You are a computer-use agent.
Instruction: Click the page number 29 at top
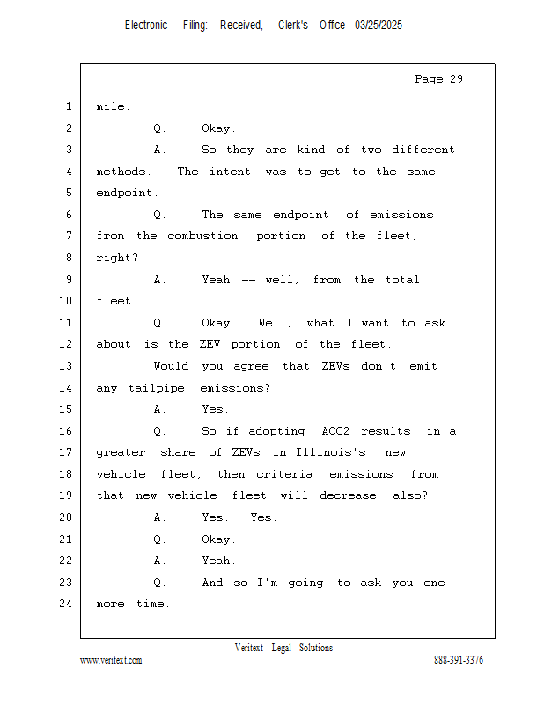(456, 79)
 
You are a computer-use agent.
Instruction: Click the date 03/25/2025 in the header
(379, 26)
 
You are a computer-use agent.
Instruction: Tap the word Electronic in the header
(146, 26)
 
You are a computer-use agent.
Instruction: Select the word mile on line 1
(113, 106)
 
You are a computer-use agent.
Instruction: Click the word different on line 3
(423, 150)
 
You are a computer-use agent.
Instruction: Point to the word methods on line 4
(123, 172)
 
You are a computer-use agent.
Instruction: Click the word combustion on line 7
(202, 236)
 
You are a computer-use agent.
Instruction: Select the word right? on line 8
(117, 258)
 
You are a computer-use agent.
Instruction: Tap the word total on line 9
(402, 280)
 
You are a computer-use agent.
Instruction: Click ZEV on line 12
(210, 344)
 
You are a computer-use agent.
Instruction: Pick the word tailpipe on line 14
(157, 388)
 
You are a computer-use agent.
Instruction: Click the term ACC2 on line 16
(335, 431)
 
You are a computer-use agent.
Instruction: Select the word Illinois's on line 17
(331, 452)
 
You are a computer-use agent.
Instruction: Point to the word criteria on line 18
(284, 474)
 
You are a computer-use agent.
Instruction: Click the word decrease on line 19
(348, 495)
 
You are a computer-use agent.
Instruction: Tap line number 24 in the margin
(66, 604)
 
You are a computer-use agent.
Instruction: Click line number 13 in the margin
(66, 365)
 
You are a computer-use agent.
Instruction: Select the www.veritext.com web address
(111, 660)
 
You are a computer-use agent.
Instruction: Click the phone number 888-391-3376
(459, 659)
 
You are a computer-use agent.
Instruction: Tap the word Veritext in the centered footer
(249, 648)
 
